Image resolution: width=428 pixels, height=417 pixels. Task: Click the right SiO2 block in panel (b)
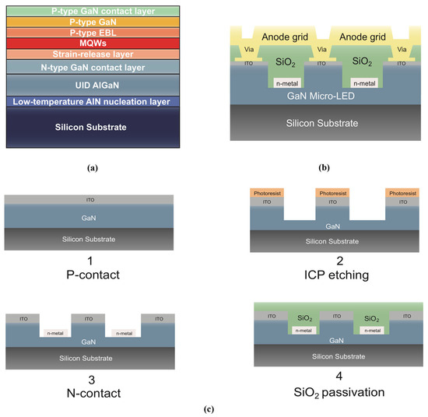(363, 61)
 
